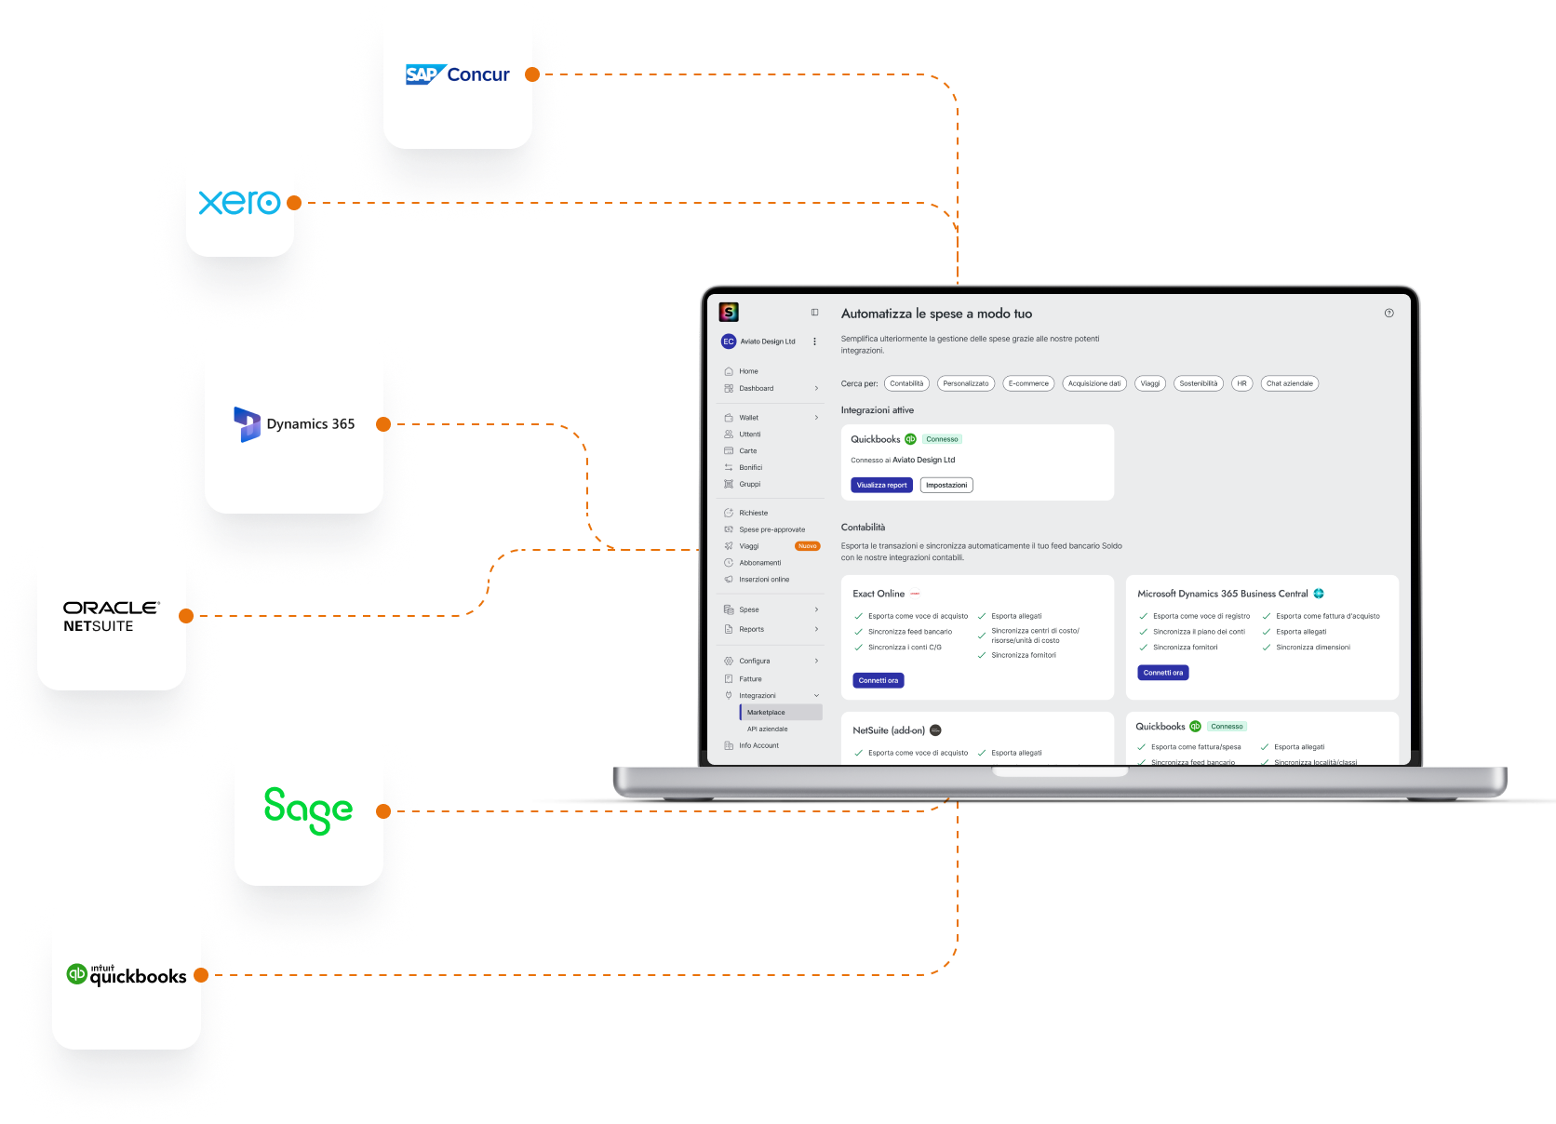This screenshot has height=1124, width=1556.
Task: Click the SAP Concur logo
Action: click(457, 74)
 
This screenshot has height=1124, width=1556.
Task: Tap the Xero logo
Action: click(239, 203)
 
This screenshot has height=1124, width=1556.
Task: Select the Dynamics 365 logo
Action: click(294, 424)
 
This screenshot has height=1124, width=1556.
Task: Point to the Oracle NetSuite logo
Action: click(112, 616)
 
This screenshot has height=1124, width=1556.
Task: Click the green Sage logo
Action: click(308, 810)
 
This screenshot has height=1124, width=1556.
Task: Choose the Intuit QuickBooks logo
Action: click(127, 975)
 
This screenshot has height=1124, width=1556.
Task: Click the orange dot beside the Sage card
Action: click(383, 811)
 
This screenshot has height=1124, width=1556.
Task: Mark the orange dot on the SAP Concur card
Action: click(532, 74)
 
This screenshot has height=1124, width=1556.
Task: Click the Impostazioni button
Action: click(946, 485)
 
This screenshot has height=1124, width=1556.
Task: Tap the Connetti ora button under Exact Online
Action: click(879, 680)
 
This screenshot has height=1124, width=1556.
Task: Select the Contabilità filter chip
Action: click(906, 383)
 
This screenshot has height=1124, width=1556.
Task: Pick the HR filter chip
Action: click(1241, 383)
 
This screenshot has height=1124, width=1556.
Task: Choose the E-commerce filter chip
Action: click(1028, 383)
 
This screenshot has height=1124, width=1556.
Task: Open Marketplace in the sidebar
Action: click(766, 713)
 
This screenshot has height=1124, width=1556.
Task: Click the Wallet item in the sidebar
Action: click(749, 418)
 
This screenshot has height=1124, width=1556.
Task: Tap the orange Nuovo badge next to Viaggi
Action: click(807, 546)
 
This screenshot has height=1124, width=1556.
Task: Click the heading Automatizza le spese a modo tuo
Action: click(936, 314)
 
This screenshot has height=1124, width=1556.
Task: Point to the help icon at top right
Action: click(1388, 314)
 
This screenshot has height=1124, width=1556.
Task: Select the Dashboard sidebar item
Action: click(756, 389)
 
